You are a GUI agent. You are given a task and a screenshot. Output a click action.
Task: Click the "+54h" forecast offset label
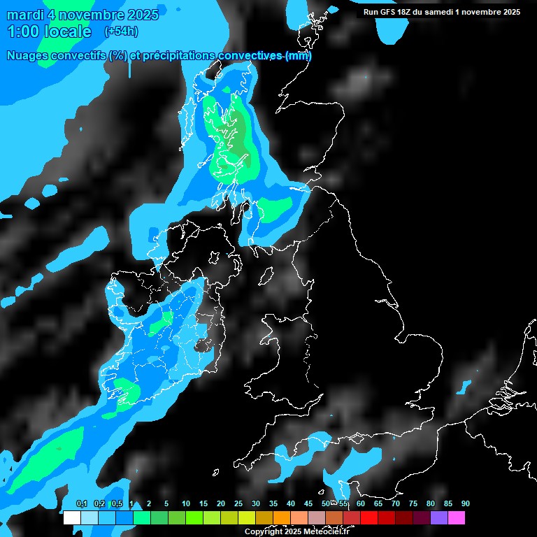[x=121, y=31]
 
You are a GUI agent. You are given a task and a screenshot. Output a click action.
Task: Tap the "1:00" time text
[x=22, y=31]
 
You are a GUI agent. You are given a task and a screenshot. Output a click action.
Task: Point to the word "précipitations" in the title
[x=179, y=56]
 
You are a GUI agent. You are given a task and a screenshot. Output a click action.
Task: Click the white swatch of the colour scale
[x=72, y=518]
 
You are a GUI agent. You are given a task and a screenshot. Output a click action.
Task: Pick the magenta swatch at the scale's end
[x=457, y=518]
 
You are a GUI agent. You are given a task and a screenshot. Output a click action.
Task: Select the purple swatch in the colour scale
[x=439, y=518]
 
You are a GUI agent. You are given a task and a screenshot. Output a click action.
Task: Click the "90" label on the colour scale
[x=466, y=504]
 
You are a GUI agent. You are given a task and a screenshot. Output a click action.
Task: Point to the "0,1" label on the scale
[x=81, y=504]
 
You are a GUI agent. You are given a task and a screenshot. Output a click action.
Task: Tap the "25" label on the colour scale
[x=238, y=504]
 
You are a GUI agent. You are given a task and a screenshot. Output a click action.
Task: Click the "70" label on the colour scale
[x=396, y=504]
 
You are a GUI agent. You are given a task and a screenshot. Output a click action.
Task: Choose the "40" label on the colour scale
[x=291, y=504]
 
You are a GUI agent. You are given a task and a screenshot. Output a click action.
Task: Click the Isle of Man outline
[x=266, y=276]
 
